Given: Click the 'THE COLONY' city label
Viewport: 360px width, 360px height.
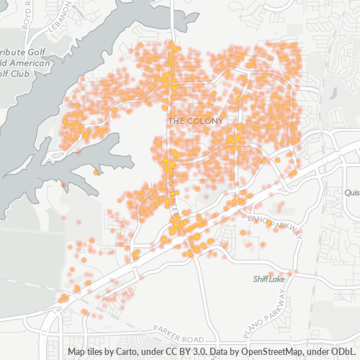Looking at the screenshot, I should pos(195,121).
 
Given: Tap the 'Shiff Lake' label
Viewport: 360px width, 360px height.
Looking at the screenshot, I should pos(269,279).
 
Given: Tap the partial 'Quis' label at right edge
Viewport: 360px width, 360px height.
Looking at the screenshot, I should pos(352,193).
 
